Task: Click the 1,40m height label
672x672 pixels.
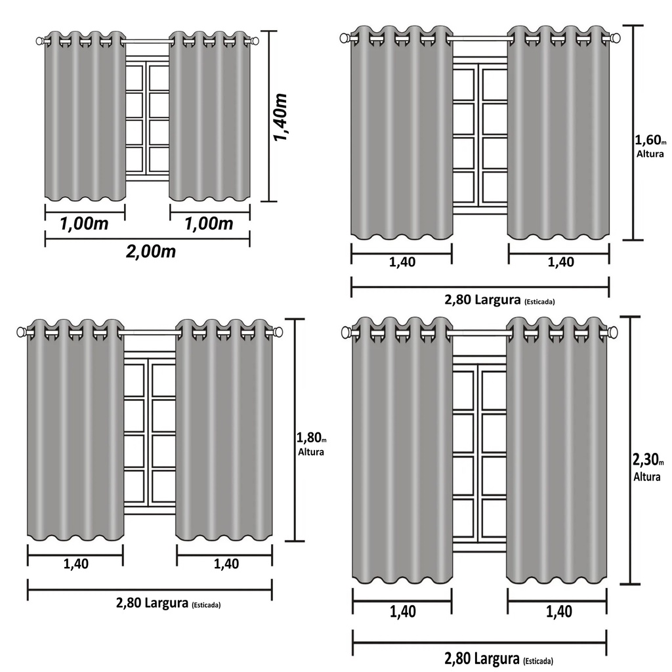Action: [x=281, y=117]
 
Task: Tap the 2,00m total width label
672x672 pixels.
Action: [x=151, y=251]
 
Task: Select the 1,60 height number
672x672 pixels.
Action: [x=648, y=140]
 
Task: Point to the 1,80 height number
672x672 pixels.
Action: [x=309, y=438]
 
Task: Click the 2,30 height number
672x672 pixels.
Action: [x=646, y=460]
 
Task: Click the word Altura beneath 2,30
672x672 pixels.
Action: [x=646, y=476]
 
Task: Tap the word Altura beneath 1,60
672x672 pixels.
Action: [x=650, y=154]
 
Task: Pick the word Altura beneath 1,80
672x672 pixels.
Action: [x=310, y=452]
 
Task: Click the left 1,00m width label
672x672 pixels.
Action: [x=84, y=224]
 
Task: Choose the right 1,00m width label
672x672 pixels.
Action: [x=209, y=224]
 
